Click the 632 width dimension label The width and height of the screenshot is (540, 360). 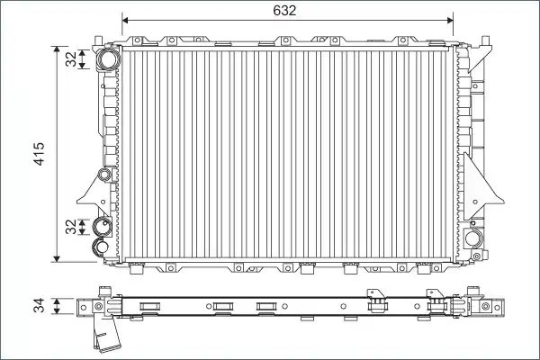click(284, 11)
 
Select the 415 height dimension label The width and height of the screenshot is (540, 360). click(40, 154)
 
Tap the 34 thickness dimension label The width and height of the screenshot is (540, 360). click(40, 306)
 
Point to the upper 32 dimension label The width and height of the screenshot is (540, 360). click(71, 58)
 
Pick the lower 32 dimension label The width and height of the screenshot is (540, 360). click(71, 227)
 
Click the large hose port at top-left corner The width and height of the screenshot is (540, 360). click(108, 58)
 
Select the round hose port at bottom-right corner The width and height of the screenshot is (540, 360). click(473, 238)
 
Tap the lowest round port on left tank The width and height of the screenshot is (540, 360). click(101, 247)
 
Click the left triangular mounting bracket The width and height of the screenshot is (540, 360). click(94, 195)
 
